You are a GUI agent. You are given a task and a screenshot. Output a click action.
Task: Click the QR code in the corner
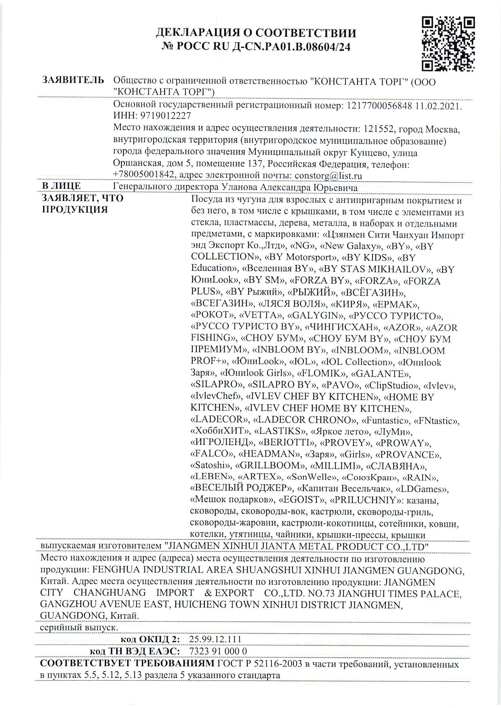click(x=448, y=44)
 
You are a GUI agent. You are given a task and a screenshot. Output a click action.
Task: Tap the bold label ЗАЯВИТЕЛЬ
click(x=73, y=80)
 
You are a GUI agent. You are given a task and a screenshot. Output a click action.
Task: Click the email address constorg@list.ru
click(x=328, y=176)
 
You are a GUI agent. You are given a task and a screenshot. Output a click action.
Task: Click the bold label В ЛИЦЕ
click(x=61, y=187)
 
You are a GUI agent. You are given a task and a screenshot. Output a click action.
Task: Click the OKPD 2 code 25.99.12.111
click(x=215, y=639)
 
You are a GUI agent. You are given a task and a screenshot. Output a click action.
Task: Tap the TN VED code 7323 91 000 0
click(x=218, y=651)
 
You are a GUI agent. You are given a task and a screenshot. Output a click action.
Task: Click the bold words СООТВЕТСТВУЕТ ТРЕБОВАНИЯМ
click(x=127, y=664)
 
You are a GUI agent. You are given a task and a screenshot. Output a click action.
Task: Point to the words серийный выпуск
click(x=79, y=628)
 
